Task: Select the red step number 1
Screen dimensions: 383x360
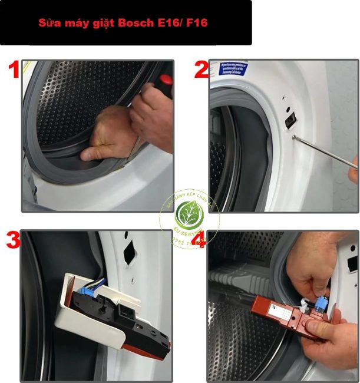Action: click(x=12, y=70)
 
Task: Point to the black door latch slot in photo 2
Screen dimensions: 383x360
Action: click(x=290, y=120)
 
